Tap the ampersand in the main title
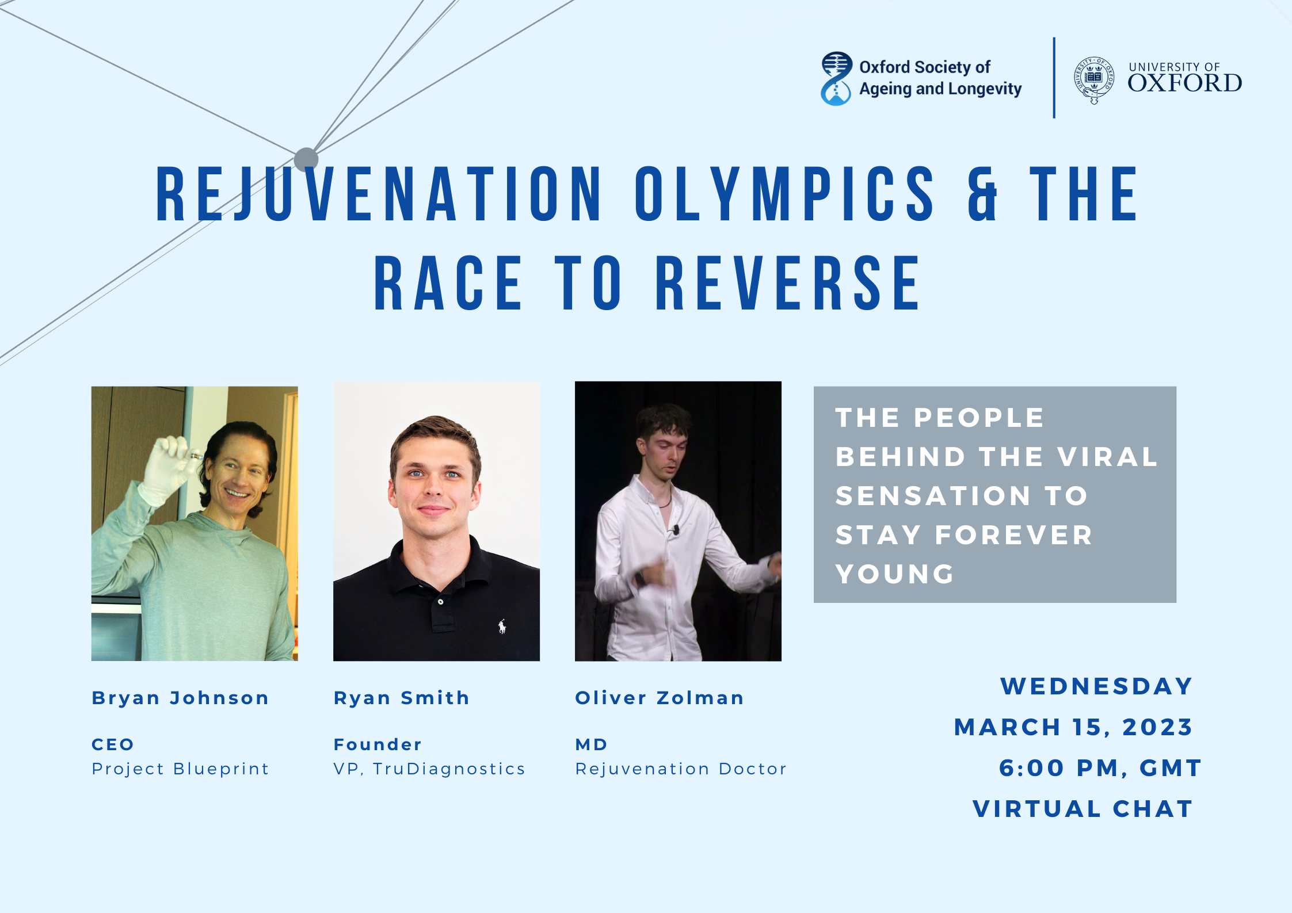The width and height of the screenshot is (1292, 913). (982, 194)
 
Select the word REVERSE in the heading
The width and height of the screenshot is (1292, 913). (788, 283)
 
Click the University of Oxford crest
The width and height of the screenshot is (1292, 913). (1094, 80)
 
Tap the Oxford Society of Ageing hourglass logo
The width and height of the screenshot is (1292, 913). (836, 78)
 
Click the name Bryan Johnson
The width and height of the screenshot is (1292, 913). (180, 698)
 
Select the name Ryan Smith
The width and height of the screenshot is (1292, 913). (402, 698)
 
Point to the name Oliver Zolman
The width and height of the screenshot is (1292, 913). (660, 698)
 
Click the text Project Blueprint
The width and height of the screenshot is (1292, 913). (180, 769)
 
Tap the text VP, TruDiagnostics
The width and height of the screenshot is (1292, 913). (429, 769)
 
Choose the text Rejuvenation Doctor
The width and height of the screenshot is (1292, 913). (681, 769)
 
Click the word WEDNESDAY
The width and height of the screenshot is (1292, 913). (1096, 686)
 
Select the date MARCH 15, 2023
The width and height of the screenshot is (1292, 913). (1073, 727)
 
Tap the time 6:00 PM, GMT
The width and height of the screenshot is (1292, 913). (1100, 768)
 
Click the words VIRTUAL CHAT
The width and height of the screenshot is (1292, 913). (1083, 809)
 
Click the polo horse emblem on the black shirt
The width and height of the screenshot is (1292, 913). (502, 626)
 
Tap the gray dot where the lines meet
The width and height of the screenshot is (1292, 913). (306, 159)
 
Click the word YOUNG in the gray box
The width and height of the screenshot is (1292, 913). (895, 574)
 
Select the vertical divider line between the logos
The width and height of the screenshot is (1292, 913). (1054, 78)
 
